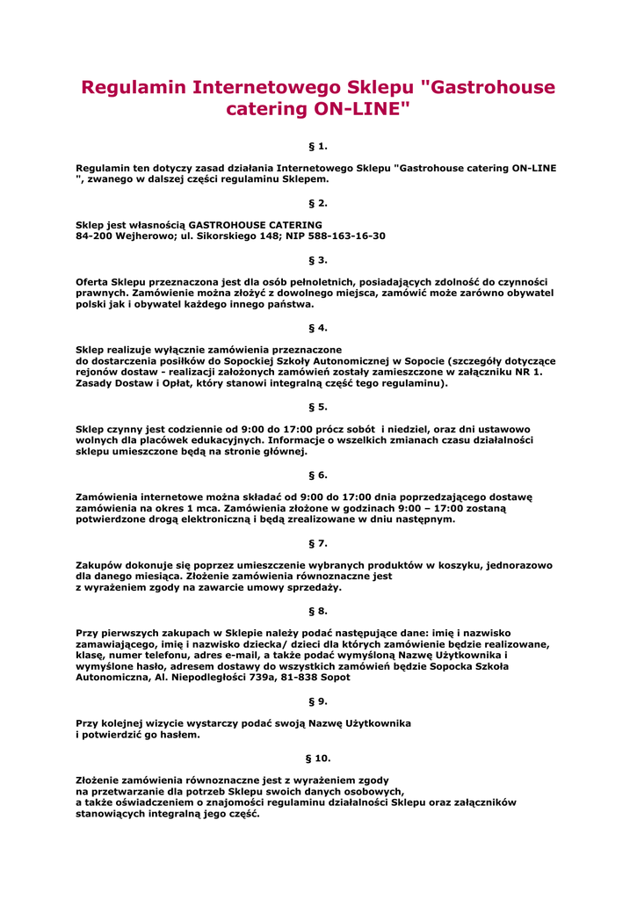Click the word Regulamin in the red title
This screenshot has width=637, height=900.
coord(133,88)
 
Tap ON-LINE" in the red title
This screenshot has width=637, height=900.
coord(362,110)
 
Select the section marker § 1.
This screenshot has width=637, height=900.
coord(318,145)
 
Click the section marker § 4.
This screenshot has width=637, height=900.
coord(318,328)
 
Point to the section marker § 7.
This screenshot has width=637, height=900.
coord(318,543)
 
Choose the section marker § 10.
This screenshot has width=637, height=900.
coord(318,758)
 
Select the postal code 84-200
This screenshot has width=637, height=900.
coord(93,236)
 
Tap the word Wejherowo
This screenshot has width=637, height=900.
coord(144,236)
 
